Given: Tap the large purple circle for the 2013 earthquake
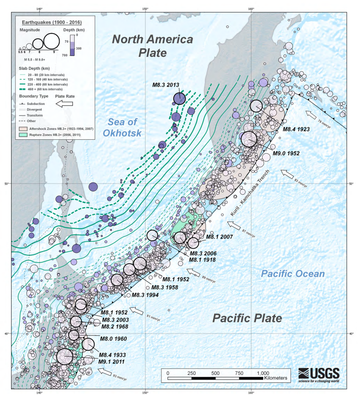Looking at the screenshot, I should (x=180, y=98).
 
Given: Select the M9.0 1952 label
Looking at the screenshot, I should (x=286, y=153).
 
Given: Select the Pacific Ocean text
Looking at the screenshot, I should (x=292, y=273).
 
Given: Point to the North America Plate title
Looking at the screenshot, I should (x=152, y=45).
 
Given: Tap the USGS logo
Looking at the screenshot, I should (x=319, y=375).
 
